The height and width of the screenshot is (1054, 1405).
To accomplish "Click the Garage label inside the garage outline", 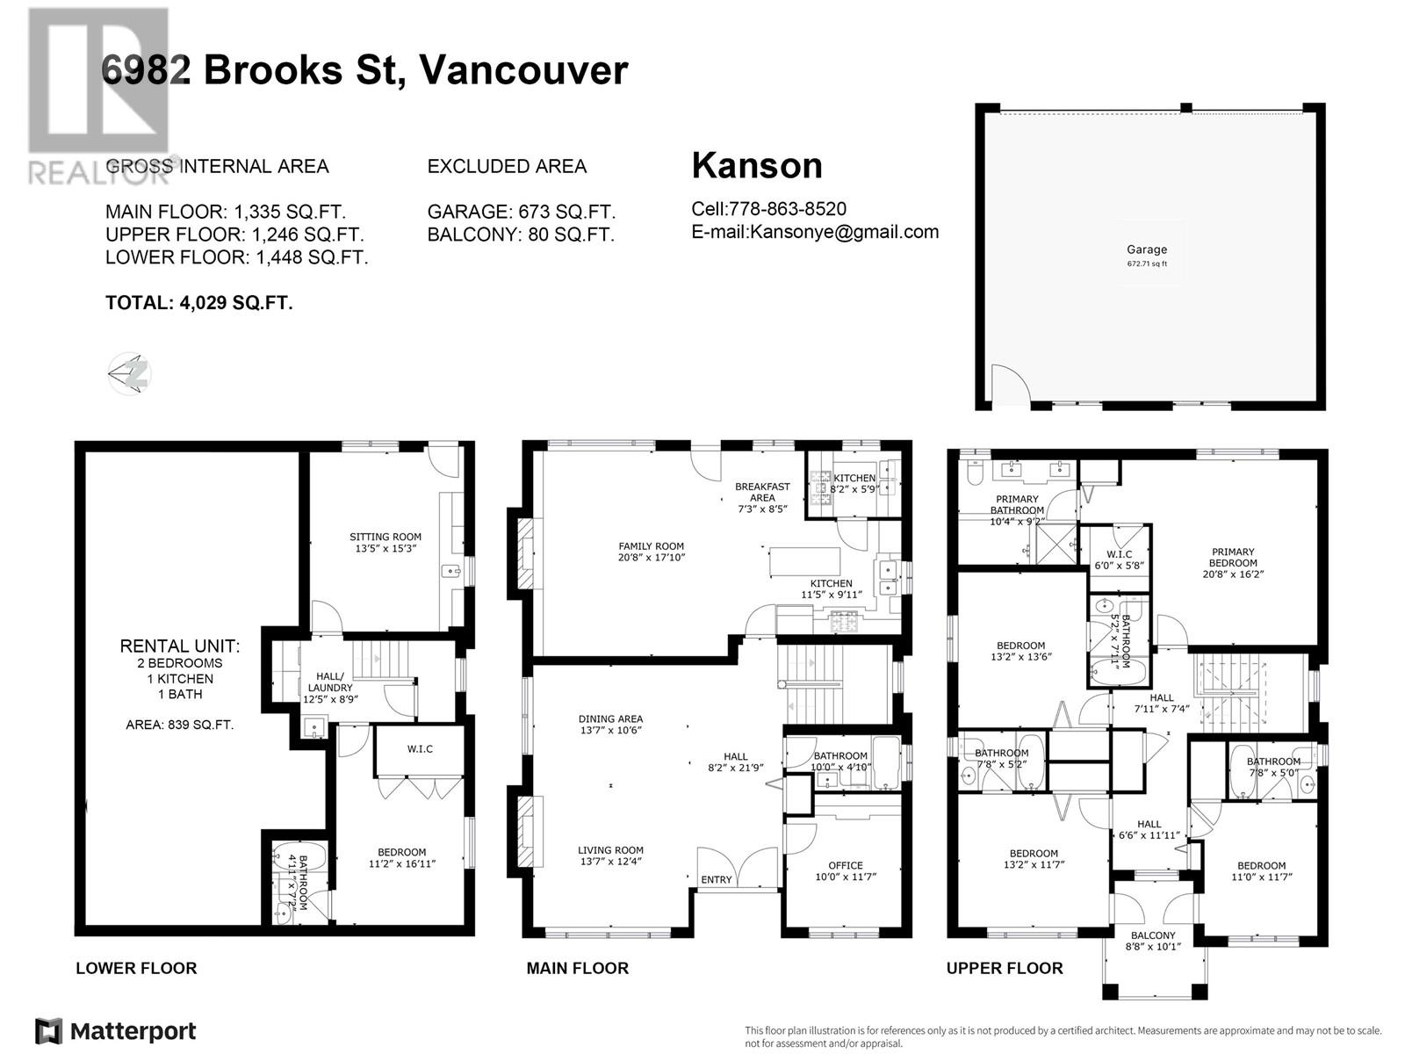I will click(x=1147, y=250).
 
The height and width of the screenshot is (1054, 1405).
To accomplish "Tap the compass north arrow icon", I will click(x=130, y=374).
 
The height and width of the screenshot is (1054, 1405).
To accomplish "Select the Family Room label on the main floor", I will click(x=651, y=552).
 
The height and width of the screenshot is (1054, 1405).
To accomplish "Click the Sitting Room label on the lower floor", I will click(x=385, y=542).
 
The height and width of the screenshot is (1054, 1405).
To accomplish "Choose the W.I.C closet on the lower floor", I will click(x=419, y=749).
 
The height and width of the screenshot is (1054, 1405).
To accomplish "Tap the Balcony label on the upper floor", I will click(x=1152, y=941).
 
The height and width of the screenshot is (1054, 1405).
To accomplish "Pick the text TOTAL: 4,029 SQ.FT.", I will click(x=198, y=303).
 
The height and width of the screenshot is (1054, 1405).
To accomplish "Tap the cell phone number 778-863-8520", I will click(x=788, y=209).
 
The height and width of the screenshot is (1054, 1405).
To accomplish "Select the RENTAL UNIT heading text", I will click(x=179, y=646).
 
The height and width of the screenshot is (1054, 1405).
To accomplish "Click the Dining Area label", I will click(x=610, y=724).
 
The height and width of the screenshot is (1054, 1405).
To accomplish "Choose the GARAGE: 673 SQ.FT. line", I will click(x=521, y=212).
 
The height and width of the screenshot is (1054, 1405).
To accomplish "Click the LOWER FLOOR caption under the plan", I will click(x=136, y=968).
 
